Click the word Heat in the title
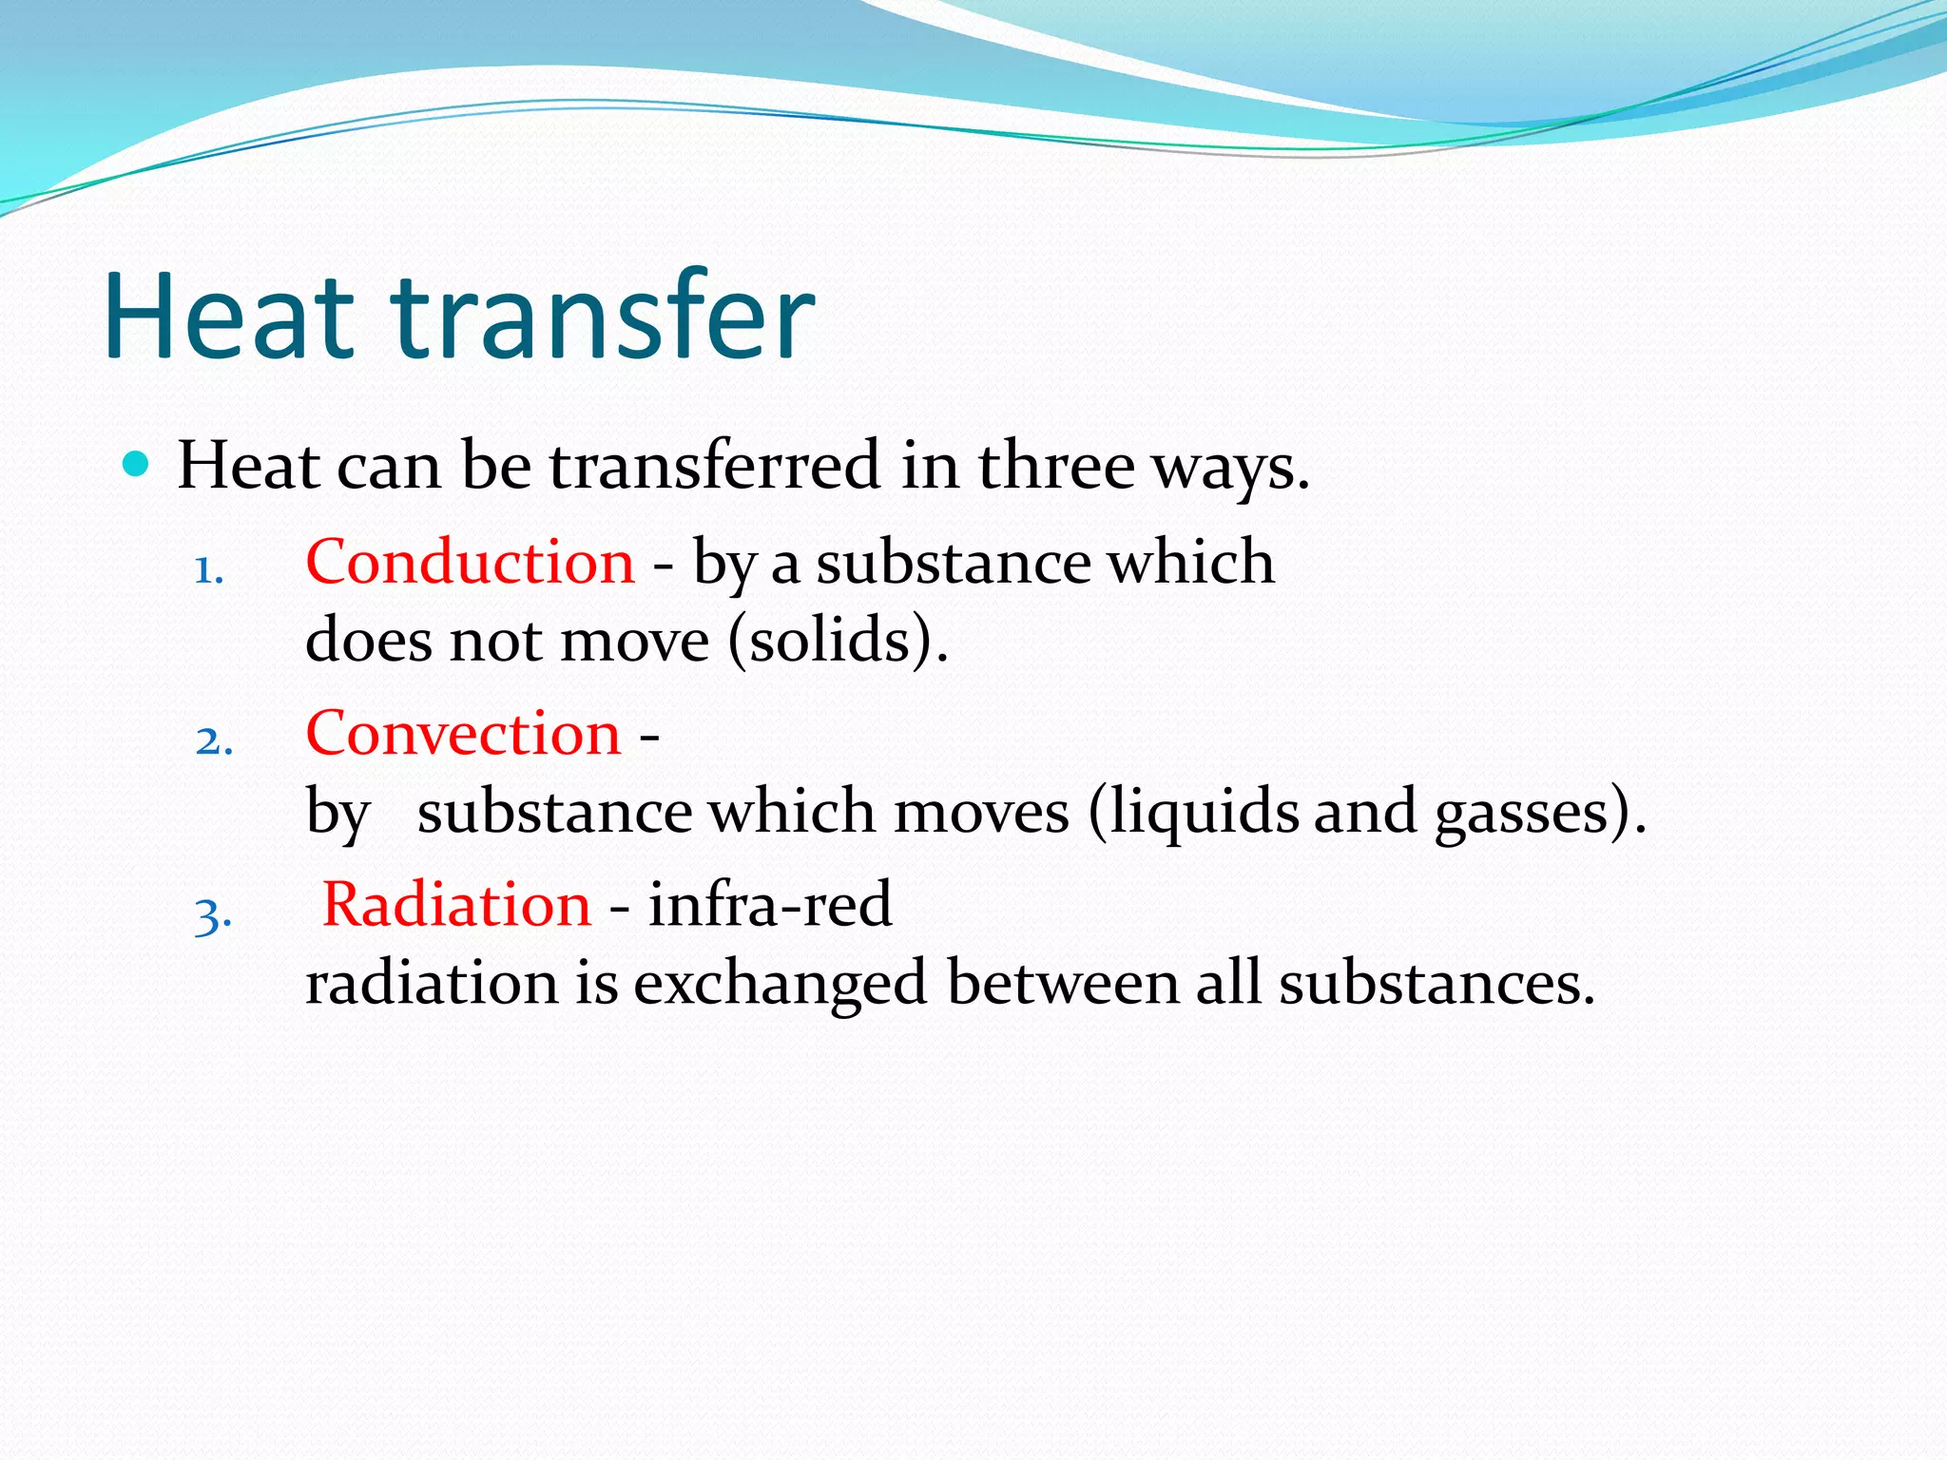click(x=228, y=317)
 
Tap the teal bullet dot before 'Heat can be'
click(x=137, y=465)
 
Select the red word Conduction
click(x=470, y=562)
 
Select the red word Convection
click(x=463, y=734)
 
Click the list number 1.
click(x=208, y=570)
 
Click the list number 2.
click(x=214, y=741)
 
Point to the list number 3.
click(x=213, y=915)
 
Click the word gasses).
click(x=1539, y=812)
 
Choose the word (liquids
click(x=1192, y=812)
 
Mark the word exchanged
click(x=780, y=983)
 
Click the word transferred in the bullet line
click(x=715, y=466)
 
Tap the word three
click(x=1056, y=466)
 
